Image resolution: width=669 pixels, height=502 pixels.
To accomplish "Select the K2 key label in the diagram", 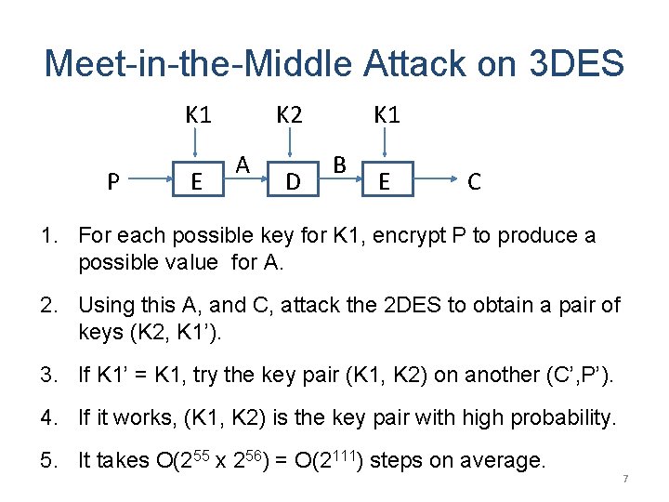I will pos(290,115).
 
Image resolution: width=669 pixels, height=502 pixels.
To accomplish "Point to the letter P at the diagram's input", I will pos(112,181).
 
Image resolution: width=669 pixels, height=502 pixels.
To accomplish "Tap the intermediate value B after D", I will pos(340,165).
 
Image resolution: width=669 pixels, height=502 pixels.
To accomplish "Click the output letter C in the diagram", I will pos(474,181).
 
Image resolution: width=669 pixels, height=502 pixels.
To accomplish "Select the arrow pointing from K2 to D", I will pos(291,144).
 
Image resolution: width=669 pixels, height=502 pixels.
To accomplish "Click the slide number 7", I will pos(625,478).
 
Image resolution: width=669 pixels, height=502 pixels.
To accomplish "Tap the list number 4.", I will pos(51,418).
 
